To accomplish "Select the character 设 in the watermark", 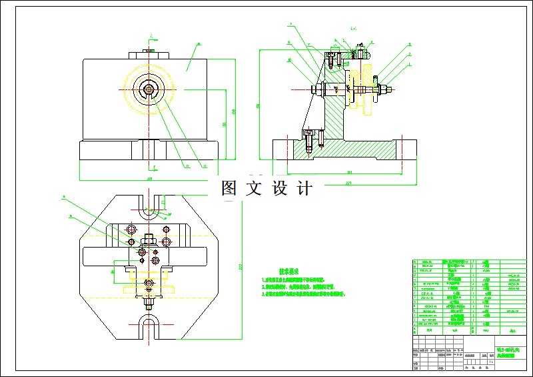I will (x=280, y=189).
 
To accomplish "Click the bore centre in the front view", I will (x=149, y=88).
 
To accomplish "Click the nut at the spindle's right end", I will (x=378, y=88).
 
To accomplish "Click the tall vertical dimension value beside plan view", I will (x=241, y=267).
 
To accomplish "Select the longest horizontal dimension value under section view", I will (x=348, y=181).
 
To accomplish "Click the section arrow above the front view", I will (x=152, y=37).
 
